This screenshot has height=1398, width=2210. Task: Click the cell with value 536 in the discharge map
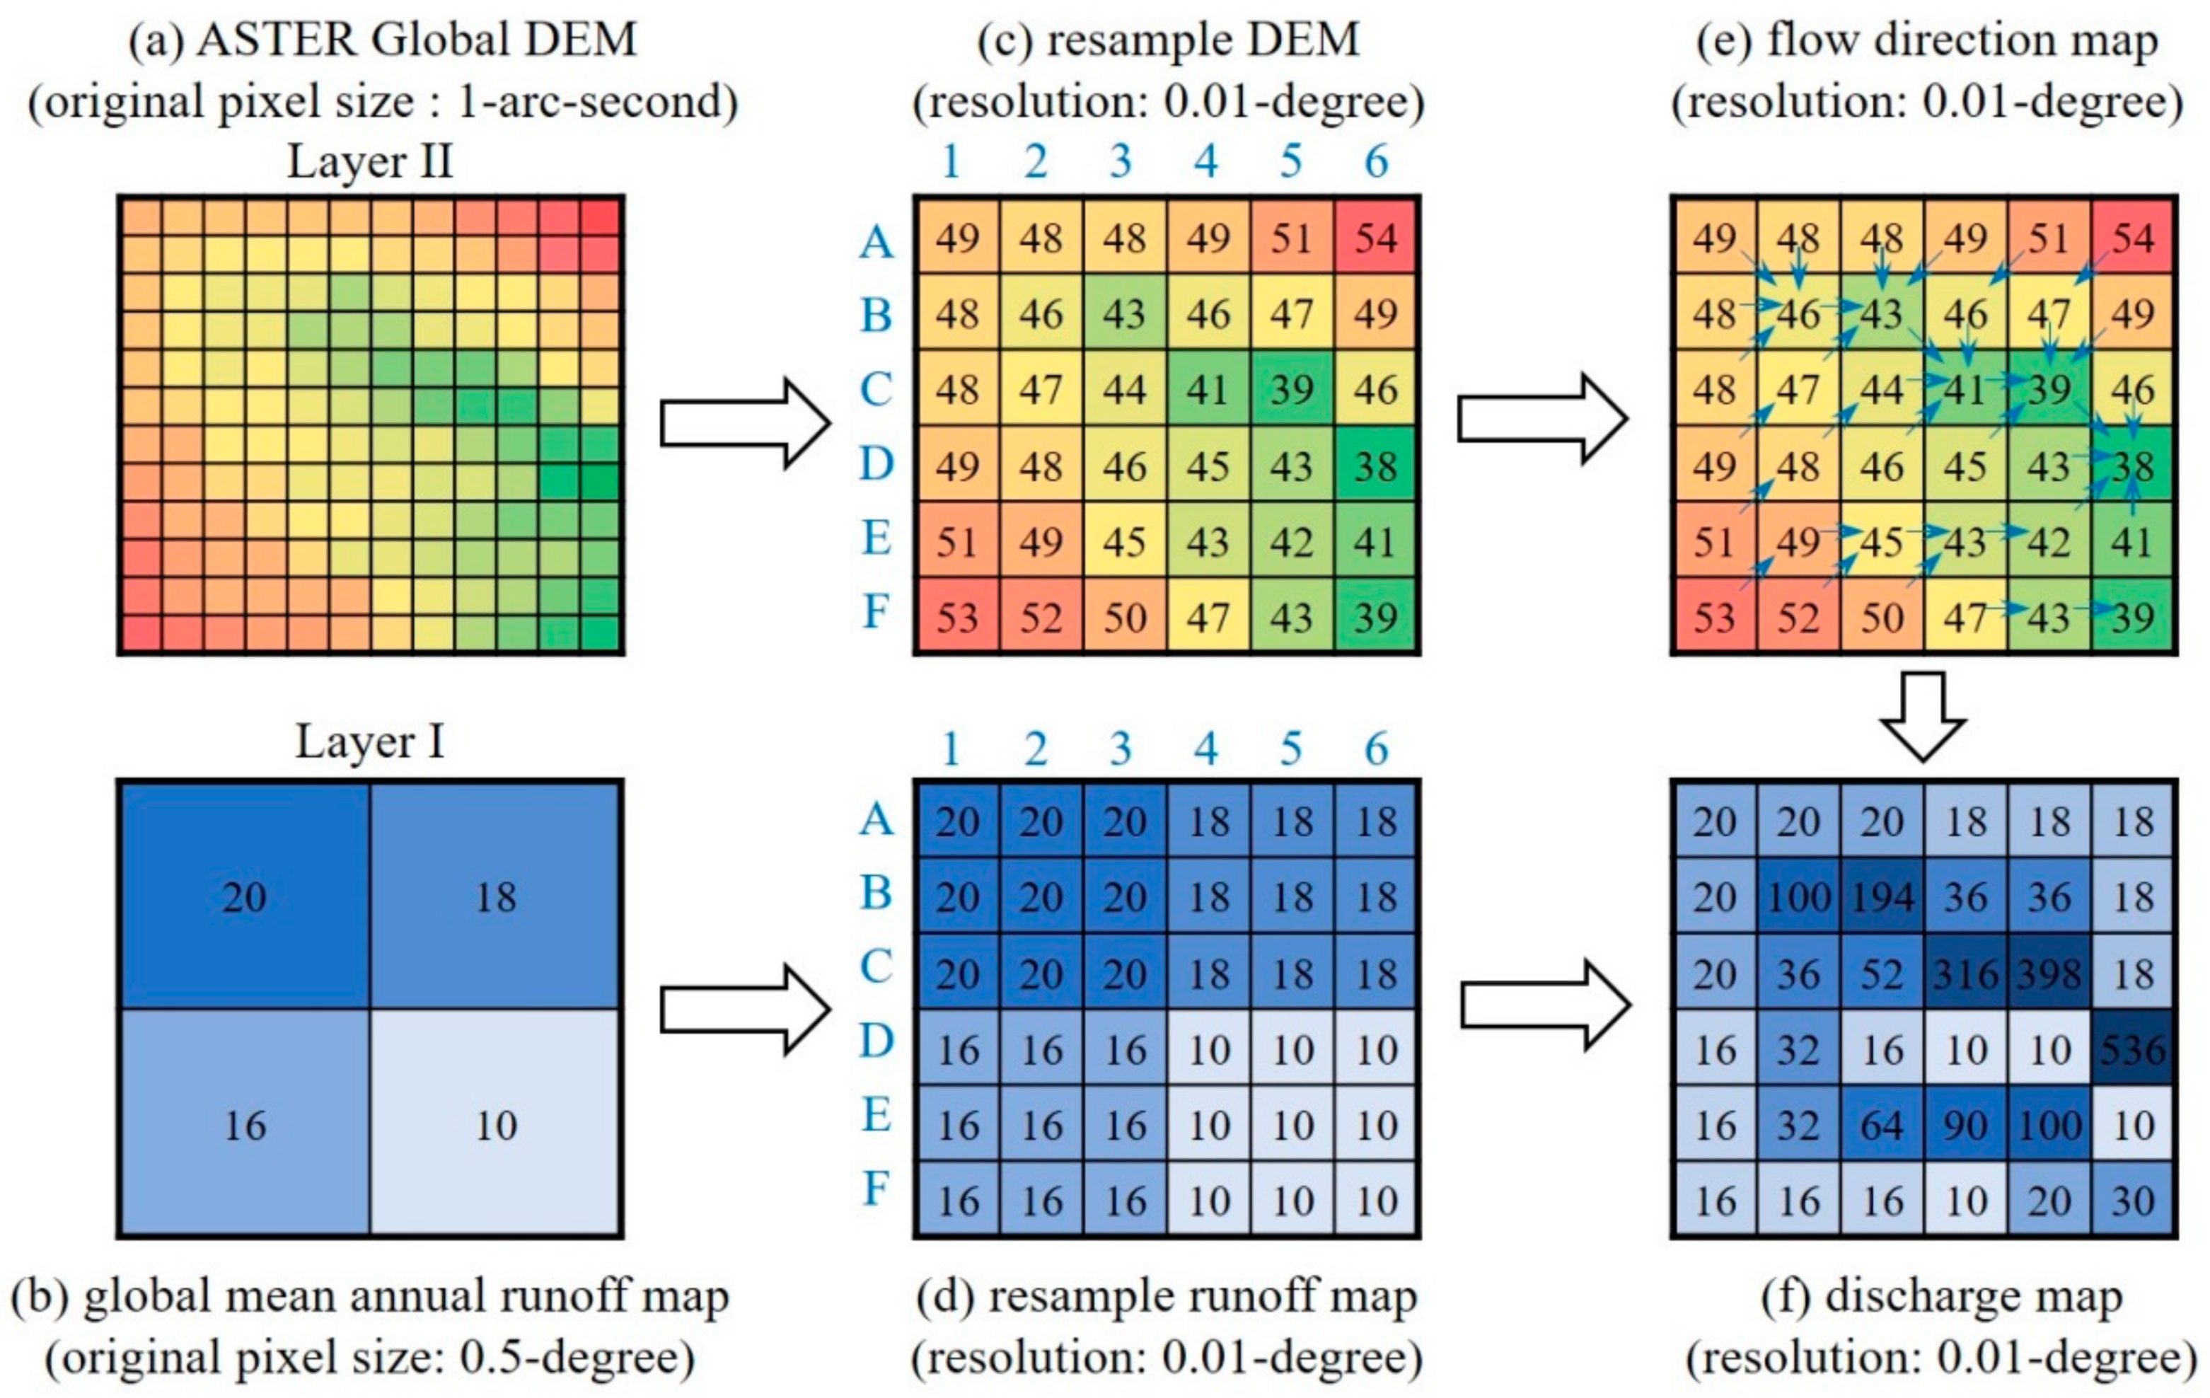[x=2133, y=1049]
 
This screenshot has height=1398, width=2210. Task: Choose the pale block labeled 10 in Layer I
[x=496, y=1124]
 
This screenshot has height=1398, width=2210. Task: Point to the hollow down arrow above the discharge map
[x=1923, y=716]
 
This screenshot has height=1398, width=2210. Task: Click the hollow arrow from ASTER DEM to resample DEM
[x=744, y=423]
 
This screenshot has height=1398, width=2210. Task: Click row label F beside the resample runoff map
[x=877, y=1189]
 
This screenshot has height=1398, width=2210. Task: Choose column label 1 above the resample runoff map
[x=951, y=750]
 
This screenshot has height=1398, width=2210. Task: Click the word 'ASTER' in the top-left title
[x=275, y=40]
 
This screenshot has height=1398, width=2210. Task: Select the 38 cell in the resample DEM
[x=1376, y=466]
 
